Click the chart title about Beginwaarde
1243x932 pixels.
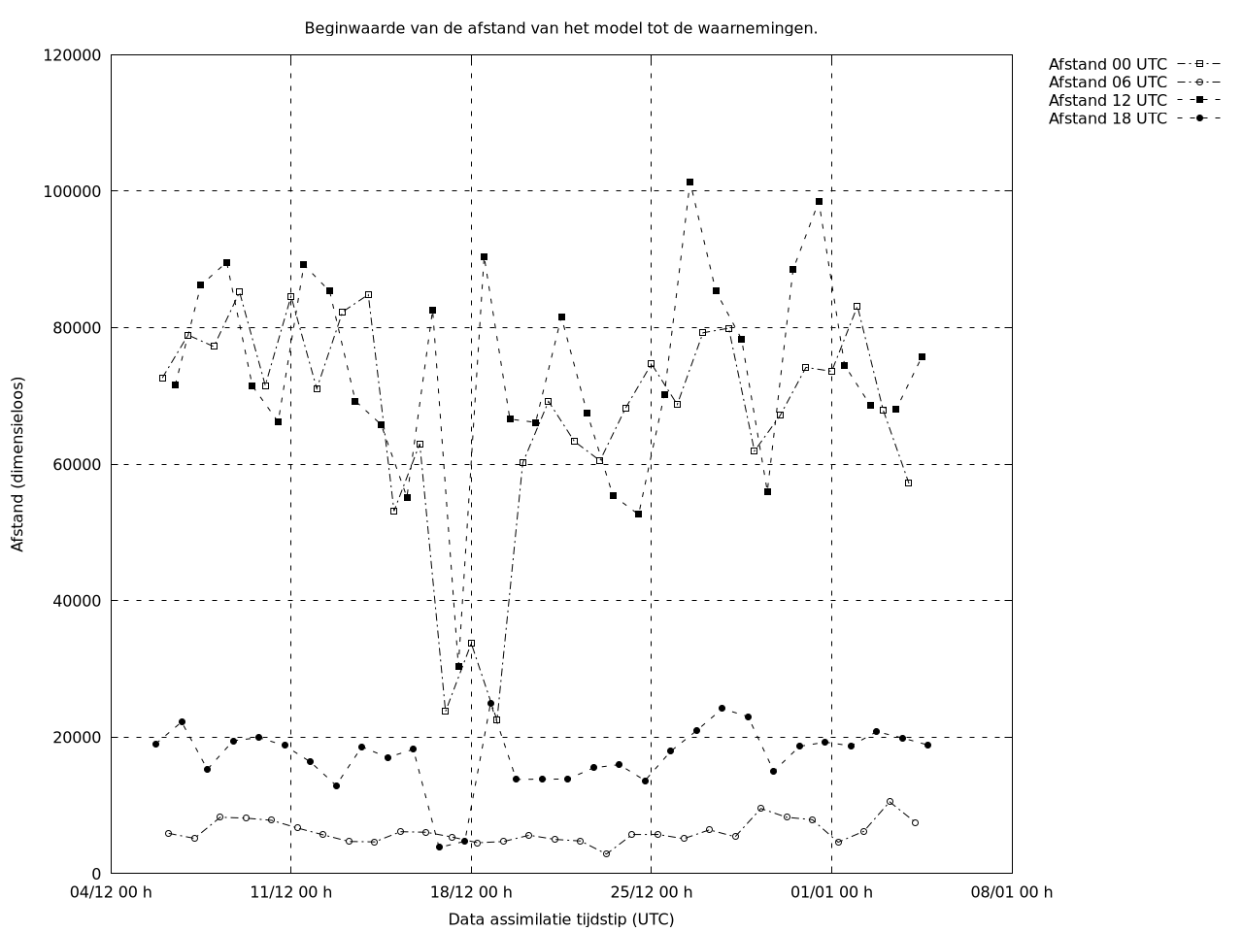[x=560, y=28]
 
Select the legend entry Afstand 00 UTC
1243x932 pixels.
[x=1107, y=65]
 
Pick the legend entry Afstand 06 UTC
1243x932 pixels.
[x=1107, y=83]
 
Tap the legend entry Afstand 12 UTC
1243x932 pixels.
[x=1107, y=100]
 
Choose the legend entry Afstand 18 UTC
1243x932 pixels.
[x=1107, y=118]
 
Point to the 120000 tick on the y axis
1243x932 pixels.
[x=73, y=55]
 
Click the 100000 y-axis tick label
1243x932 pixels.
[x=73, y=191]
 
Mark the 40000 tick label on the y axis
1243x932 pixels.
[x=77, y=601]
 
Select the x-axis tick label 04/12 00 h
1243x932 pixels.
[x=112, y=892]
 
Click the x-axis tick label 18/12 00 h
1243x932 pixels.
[x=471, y=892]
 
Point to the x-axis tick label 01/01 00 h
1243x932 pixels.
[x=831, y=892]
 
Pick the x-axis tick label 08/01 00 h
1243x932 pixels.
[x=1012, y=892]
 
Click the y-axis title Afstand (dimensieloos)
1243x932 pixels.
[x=17, y=464]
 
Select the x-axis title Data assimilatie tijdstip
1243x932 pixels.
[x=560, y=919]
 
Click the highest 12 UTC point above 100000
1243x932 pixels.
[x=689, y=182]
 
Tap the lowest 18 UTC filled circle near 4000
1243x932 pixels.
[x=439, y=847]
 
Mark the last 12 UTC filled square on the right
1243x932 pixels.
[x=922, y=356]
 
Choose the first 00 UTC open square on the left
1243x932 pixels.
[x=162, y=378]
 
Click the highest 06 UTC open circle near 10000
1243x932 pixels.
[x=890, y=802]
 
